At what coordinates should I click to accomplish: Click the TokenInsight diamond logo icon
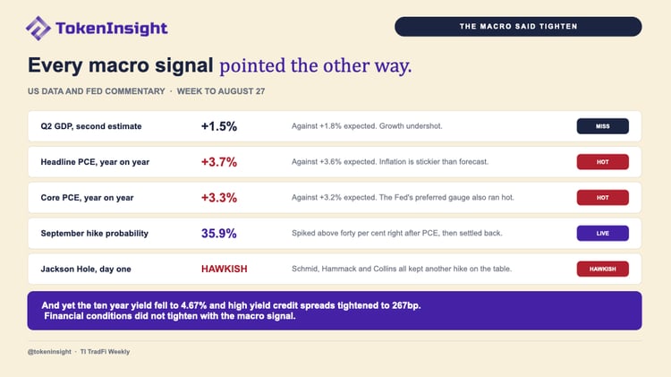click(x=38, y=29)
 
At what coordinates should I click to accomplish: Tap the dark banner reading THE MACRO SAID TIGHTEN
click(x=518, y=27)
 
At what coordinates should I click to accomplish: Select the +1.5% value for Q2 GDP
click(x=218, y=126)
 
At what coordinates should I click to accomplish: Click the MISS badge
click(x=602, y=126)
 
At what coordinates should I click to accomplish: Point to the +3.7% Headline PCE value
click(x=218, y=162)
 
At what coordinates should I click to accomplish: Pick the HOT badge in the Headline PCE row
click(x=602, y=162)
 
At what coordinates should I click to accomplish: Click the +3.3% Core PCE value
click(x=218, y=198)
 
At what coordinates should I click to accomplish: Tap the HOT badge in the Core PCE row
click(x=602, y=198)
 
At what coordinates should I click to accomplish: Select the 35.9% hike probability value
click(x=218, y=234)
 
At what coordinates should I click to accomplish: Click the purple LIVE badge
click(x=602, y=234)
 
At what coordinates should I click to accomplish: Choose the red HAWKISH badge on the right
click(x=602, y=269)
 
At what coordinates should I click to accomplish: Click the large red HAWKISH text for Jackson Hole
click(x=225, y=269)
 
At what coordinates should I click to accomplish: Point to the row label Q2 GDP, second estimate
click(x=91, y=126)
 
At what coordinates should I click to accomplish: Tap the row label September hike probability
click(x=95, y=234)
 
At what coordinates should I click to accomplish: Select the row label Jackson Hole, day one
click(x=86, y=269)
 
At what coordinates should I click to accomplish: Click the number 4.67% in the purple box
click(x=194, y=305)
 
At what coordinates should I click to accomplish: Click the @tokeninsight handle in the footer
click(x=49, y=352)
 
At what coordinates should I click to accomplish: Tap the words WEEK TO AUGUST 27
click(x=221, y=91)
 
